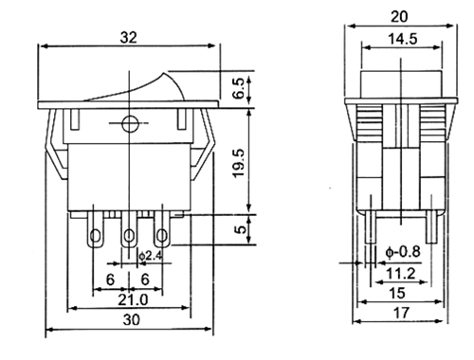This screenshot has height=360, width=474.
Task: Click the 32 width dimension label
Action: pos(129,38)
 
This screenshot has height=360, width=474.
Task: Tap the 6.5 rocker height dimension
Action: pos(239,88)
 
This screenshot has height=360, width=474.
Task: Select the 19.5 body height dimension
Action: pos(239,163)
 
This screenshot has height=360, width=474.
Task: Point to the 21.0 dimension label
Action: pos(133,299)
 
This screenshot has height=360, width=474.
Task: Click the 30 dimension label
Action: pos(131,320)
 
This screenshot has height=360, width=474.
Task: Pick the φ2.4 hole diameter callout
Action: pos(151,256)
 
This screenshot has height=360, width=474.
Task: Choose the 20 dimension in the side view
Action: pos(399,16)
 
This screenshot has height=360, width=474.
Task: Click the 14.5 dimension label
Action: pos(402,39)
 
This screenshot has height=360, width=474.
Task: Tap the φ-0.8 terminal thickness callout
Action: pos(403,252)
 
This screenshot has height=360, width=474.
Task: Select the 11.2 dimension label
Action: pos(401,274)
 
